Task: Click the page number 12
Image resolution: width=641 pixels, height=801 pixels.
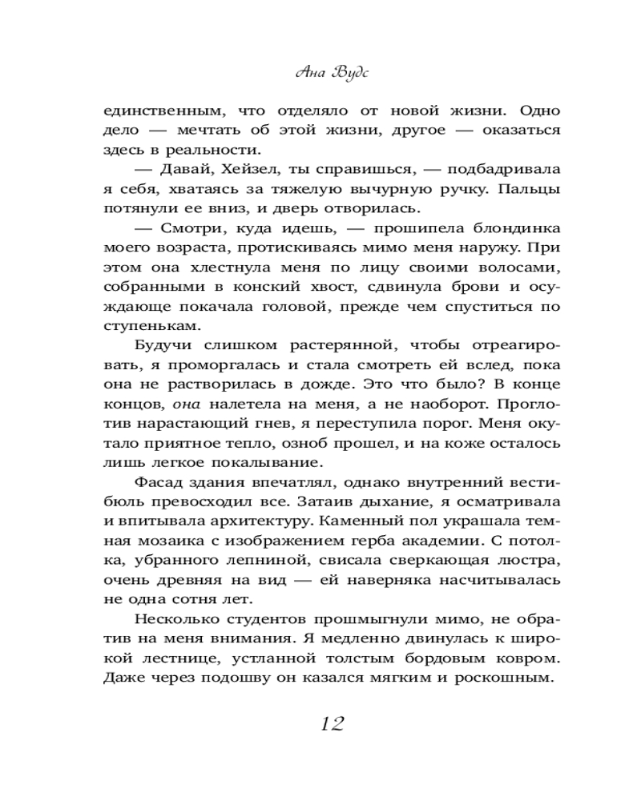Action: (x=331, y=724)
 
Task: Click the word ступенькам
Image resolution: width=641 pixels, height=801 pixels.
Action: (x=144, y=326)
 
